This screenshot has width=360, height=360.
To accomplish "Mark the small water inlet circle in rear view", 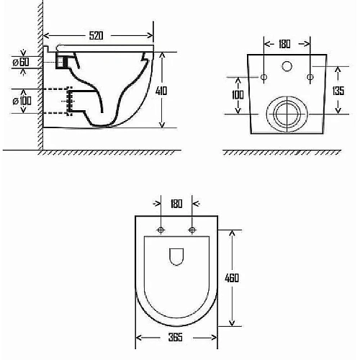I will [287, 67].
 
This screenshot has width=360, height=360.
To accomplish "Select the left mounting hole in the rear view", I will [264, 76].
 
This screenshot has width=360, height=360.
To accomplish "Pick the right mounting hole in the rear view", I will [310, 76].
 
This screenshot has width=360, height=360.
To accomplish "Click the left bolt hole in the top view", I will [160, 230].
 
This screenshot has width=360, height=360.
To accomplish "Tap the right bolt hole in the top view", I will [192, 230].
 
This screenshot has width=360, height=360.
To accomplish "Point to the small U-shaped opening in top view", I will [176, 256].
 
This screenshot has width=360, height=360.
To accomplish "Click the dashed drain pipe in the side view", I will [56, 101].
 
